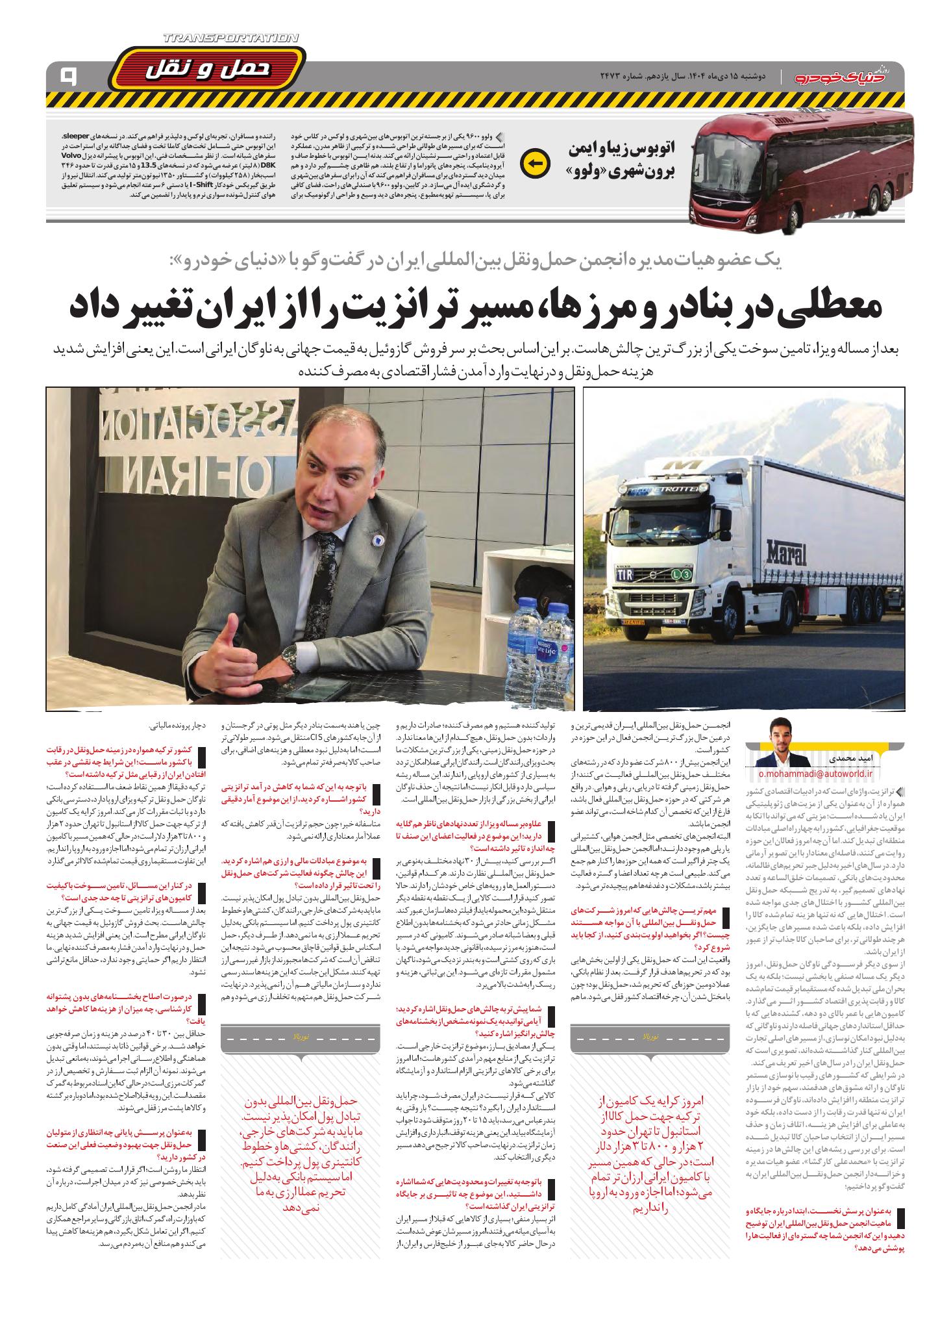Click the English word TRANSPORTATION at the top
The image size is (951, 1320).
tap(232, 39)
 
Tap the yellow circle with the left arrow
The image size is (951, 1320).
tap(536, 163)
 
